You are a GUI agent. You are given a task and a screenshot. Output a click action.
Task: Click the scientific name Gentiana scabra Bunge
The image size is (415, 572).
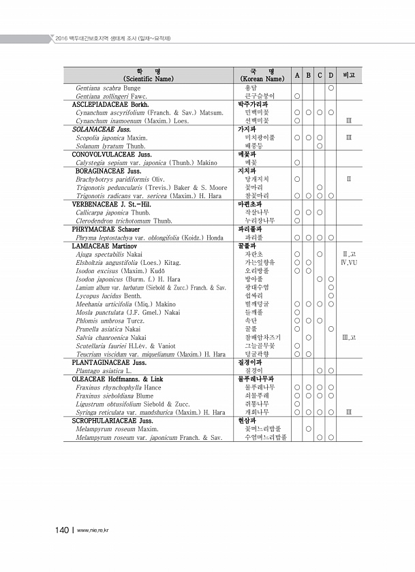[108, 89]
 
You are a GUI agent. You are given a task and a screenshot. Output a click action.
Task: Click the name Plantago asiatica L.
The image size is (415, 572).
[104, 370]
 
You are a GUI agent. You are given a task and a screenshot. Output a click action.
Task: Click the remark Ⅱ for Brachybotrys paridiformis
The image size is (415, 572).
[349, 179]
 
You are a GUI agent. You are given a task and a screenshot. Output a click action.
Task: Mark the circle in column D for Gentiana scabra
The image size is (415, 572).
[331, 89]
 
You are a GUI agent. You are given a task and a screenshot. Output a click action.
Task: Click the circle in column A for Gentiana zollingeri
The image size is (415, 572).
[298, 97]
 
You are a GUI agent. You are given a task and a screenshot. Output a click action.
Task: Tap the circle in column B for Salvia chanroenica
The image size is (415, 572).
[309, 337]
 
